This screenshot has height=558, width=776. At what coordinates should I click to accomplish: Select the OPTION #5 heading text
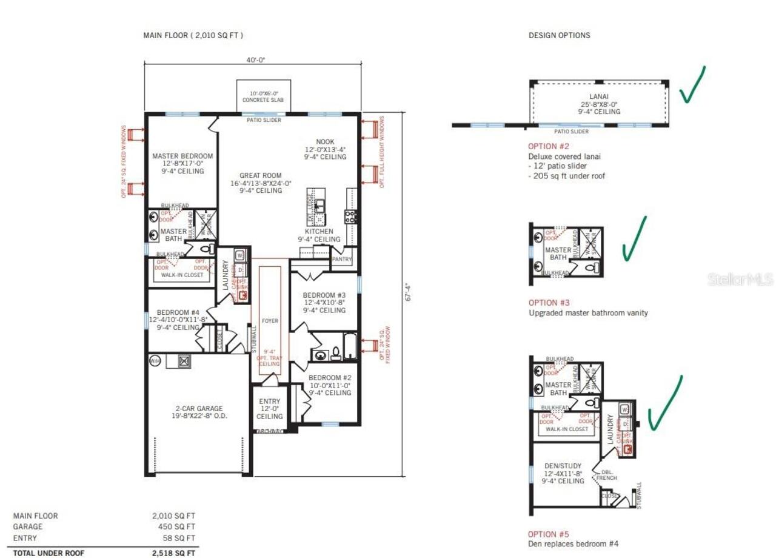point(549,534)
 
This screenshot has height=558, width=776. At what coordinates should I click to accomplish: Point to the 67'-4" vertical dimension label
point(408,294)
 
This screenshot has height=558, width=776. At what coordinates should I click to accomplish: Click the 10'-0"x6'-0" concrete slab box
point(263,96)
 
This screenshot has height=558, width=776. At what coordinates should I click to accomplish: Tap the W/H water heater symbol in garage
point(155,361)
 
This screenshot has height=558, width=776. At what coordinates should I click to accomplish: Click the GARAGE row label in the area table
point(28,527)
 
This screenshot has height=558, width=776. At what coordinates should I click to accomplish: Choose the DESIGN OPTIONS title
point(559,35)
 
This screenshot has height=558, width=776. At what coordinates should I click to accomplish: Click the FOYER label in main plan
point(269,320)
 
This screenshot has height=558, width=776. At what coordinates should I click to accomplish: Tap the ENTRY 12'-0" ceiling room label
point(269,409)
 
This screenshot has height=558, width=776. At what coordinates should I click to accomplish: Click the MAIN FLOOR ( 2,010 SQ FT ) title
point(193,36)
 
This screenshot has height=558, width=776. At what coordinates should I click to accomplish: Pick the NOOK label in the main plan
point(325,142)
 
